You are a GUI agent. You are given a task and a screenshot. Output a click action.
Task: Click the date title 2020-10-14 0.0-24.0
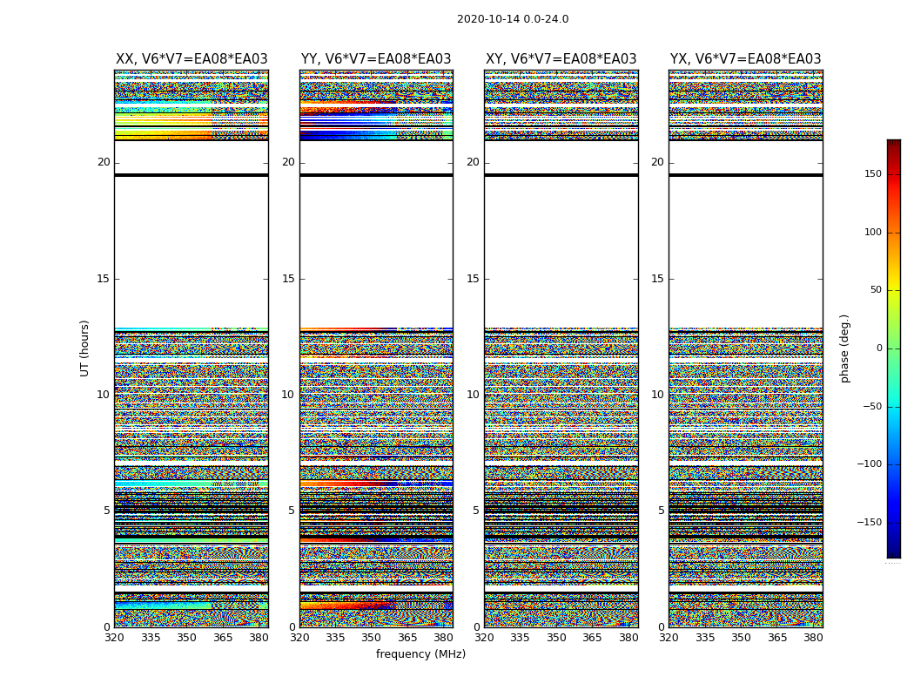pyautogui.click(x=513, y=19)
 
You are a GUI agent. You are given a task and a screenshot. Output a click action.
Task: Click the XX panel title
pyautogui.click(x=192, y=59)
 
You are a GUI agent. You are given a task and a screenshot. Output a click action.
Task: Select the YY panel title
pyautogui.click(x=376, y=59)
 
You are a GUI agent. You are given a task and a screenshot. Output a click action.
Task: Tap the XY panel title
pyautogui.click(x=561, y=59)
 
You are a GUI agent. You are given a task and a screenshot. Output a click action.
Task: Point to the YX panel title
pyautogui.click(x=745, y=59)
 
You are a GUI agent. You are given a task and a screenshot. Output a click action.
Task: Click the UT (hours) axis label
pyautogui.click(x=85, y=348)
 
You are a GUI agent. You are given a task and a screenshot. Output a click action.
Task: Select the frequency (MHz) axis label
pyautogui.click(x=420, y=654)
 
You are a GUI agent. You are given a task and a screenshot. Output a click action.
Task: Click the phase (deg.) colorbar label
pyautogui.click(x=845, y=348)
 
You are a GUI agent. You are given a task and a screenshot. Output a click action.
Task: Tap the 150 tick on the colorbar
pyautogui.click(x=872, y=174)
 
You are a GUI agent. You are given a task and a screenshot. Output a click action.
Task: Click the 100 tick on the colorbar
pyautogui.click(x=872, y=233)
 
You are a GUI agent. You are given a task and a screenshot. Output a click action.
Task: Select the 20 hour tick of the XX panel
pyautogui.click(x=104, y=162)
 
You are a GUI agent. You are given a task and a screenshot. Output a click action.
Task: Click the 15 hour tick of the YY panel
pyautogui.click(x=288, y=279)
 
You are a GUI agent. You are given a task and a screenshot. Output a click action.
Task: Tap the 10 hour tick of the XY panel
pyautogui.click(x=473, y=395)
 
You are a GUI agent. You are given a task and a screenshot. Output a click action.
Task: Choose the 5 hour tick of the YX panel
pyautogui.click(x=661, y=511)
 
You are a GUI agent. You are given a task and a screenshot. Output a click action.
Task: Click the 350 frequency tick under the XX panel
pyautogui.click(x=186, y=638)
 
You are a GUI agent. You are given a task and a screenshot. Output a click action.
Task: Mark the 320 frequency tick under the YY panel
pyautogui.click(x=299, y=638)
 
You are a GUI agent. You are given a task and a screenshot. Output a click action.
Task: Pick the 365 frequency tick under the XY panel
pyautogui.click(x=592, y=638)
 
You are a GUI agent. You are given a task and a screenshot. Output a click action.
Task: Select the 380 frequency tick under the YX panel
pyautogui.click(x=813, y=638)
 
